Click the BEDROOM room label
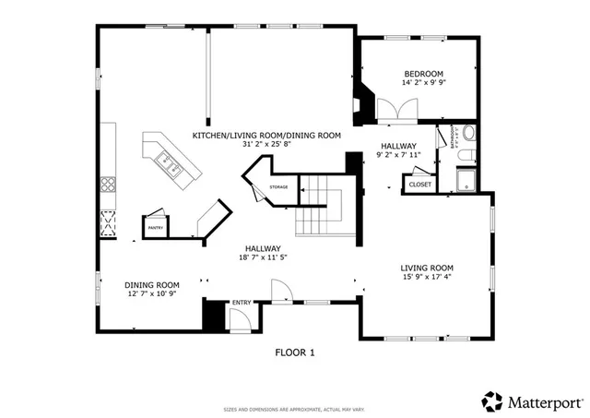(x=423, y=74)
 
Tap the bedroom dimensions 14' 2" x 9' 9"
(x=423, y=83)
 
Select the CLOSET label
(x=419, y=185)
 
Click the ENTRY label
(x=242, y=303)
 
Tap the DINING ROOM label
(x=151, y=285)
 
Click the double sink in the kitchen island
(x=171, y=166)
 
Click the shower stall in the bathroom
(x=466, y=179)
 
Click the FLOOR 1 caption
(x=295, y=352)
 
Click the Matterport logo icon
(x=493, y=402)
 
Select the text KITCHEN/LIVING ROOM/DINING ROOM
(x=266, y=136)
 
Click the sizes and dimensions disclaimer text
(x=295, y=409)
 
